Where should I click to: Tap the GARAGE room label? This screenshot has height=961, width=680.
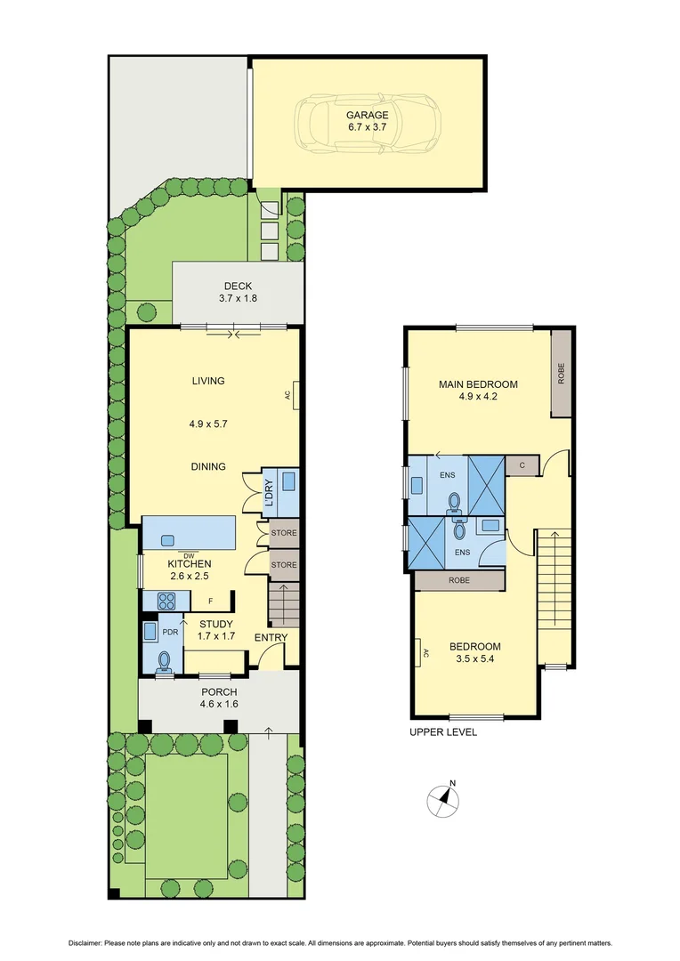click(368, 115)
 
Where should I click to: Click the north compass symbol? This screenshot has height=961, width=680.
click(442, 801)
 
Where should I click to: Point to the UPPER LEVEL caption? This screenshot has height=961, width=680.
click(442, 732)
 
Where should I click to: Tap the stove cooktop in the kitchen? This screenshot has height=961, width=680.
click(166, 601)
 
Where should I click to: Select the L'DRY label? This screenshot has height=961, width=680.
click(269, 493)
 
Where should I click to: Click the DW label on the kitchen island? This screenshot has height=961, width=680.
click(189, 556)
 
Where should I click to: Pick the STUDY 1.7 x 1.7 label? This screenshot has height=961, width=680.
click(216, 630)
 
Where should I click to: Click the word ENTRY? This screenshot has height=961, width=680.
click(270, 638)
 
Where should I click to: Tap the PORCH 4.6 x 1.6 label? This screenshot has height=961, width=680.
click(218, 698)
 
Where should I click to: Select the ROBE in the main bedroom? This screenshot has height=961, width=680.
click(561, 373)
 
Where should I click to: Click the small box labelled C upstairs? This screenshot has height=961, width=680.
click(521, 464)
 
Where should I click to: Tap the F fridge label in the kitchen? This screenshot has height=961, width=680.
click(210, 601)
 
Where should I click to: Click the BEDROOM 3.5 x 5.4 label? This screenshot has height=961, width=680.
click(474, 652)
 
